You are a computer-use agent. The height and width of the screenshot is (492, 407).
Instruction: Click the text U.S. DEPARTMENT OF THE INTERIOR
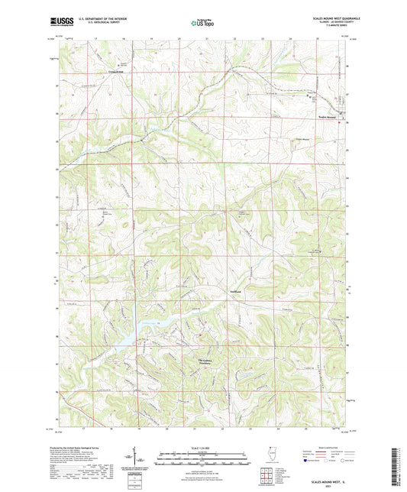coord(100,19)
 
